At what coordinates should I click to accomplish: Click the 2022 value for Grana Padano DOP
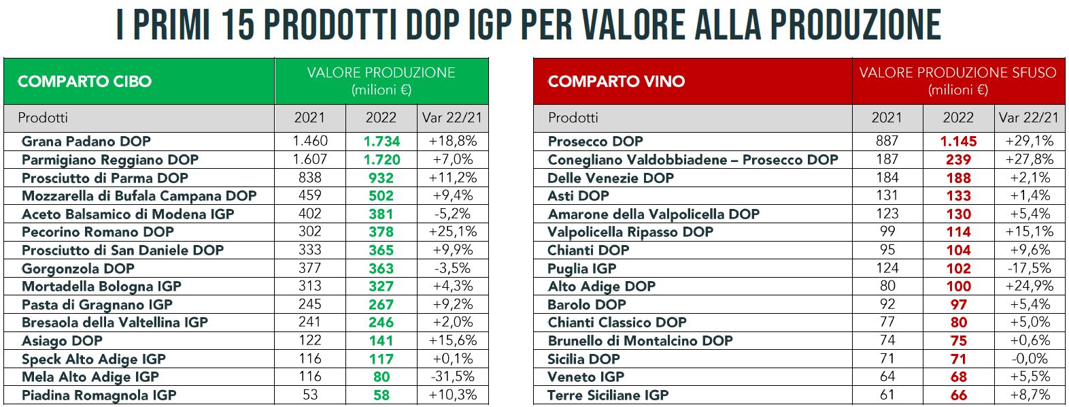381,142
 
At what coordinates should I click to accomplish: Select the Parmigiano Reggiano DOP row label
110,159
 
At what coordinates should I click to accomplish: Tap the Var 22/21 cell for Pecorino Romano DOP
452,231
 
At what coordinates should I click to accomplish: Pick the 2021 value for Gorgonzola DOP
309,268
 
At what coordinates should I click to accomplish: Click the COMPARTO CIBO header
84,82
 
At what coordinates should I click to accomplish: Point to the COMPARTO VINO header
616,82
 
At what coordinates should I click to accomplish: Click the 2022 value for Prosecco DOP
958,142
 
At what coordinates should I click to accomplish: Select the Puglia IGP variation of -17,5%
1030,268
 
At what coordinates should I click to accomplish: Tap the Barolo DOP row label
586,304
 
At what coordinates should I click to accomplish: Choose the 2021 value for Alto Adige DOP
887,286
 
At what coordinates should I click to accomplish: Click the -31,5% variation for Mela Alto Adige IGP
452,377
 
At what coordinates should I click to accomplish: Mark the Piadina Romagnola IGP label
99,395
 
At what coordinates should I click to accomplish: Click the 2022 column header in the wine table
957,118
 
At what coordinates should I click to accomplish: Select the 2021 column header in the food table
309,118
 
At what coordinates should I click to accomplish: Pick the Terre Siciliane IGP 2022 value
958,395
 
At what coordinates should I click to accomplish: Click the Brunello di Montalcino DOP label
640,340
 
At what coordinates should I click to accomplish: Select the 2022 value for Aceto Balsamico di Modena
381,214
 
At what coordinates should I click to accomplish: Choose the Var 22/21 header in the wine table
1029,118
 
